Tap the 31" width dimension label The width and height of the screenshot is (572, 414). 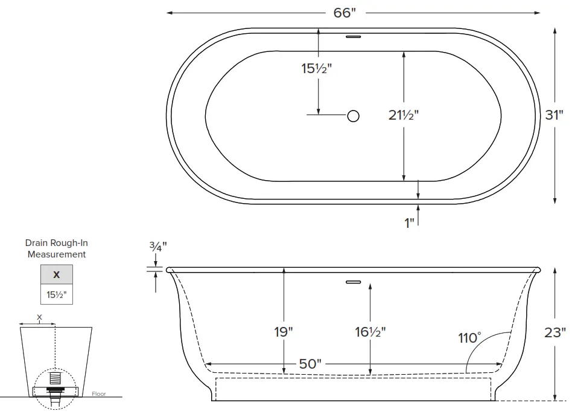pos(554,115)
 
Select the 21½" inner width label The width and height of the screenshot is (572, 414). pos(403,115)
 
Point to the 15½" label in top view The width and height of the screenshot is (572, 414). pos(317,68)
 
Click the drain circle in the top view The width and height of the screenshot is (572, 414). pos(354,115)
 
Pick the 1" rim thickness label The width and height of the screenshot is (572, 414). pos(410,223)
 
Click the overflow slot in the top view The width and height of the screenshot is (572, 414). pos(353,37)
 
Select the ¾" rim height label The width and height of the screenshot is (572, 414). pos(157,246)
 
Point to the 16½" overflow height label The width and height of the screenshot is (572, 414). pos(370,332)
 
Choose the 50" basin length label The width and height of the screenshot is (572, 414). pos(310,364)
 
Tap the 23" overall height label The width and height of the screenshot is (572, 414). pos(555,332)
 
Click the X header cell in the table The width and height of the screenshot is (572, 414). pos(57,274)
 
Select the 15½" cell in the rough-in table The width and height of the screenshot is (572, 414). pos(57,295)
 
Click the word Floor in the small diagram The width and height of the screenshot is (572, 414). pos(98,394)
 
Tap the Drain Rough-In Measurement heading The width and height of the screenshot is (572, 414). pos(57,248)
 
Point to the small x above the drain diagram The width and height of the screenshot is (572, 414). pos(40,316)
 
